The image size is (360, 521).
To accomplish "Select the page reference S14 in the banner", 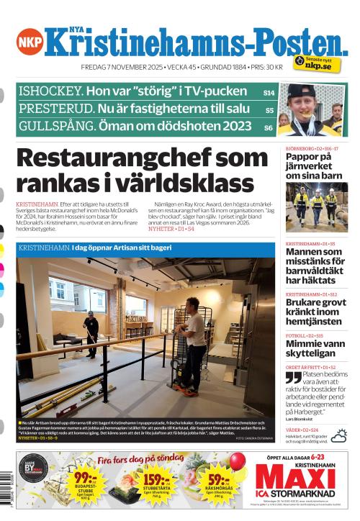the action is click(x=268, y=93).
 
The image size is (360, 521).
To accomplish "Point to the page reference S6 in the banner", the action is click(x=269, y=127).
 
